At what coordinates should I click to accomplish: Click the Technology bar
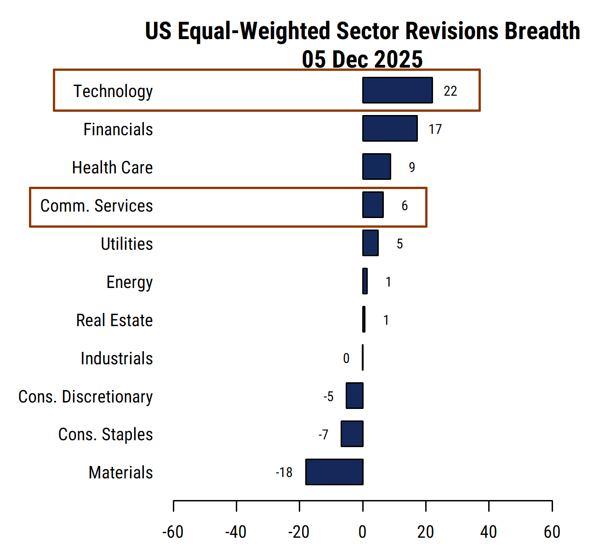click(398, 90)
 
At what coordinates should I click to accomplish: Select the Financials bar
click(390, 128)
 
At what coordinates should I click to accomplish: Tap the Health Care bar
click(376, 167)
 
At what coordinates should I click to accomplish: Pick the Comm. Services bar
click(373, 205)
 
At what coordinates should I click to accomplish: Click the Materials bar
click(334, 472)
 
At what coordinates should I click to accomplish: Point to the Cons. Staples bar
click(352, 434)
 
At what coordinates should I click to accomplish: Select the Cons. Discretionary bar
click(355, 396)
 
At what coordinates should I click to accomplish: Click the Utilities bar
click(371, 243)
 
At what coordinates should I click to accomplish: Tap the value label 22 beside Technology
click(450, 91)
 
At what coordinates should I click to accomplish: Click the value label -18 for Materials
click(284, 472)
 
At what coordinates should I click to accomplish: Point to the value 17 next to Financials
click(435, 129)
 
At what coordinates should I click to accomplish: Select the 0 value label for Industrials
click(346, 358)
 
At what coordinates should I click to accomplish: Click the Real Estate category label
click(114, 320)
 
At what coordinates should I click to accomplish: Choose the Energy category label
click(130, 282)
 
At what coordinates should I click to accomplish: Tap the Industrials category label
click(117, 358)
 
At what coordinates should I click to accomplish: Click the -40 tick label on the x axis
click(235, 532)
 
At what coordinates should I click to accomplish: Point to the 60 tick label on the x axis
click(552, 532)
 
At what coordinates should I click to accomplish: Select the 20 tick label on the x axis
click(426, 532)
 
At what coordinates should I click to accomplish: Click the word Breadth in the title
click(542, 31)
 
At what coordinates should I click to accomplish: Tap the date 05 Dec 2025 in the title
click(362, 59)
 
